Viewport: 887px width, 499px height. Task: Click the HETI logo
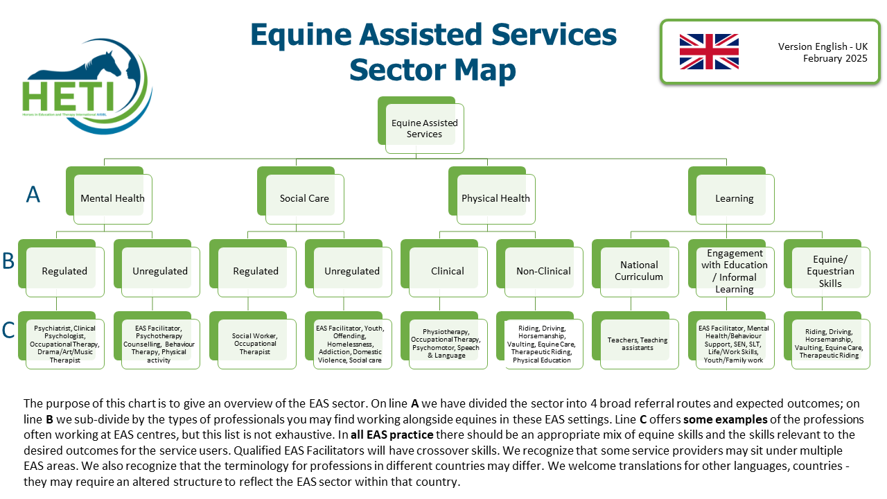coord(87,90)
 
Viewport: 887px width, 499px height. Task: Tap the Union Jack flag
coord(709,52)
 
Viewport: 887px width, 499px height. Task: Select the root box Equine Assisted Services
coord(425,128)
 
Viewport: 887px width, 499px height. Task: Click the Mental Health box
coord(112,198)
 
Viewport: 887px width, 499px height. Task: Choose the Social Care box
coord(304,198)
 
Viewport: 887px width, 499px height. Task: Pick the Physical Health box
coord(495,198)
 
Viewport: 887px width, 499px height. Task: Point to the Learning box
coord(735,198)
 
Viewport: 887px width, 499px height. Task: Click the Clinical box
coord(448,271)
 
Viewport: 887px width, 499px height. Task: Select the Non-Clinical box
coord(543,271)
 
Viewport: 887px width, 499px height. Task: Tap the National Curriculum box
coord(639,271)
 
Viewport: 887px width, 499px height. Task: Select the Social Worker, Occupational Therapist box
coord(256,344)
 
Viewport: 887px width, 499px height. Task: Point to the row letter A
coord(33,195)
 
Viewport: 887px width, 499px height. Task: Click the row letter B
coord(8,261)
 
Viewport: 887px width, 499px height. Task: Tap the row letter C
coord(8,331)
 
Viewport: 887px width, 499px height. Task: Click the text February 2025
coord(835,59)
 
